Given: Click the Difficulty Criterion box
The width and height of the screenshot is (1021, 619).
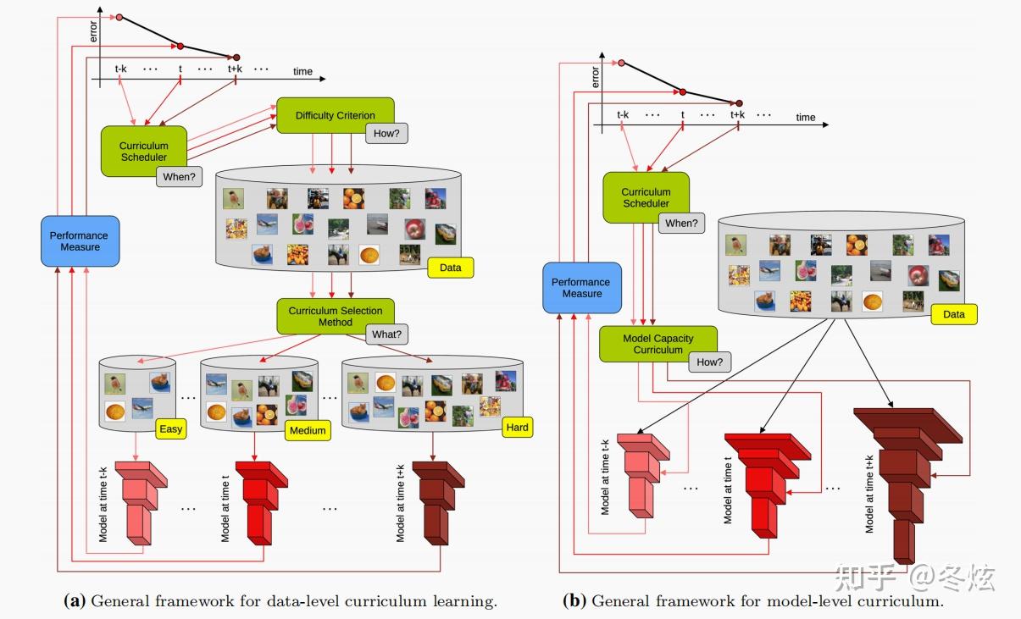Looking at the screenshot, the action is pyautogui.click(x=335, y=115).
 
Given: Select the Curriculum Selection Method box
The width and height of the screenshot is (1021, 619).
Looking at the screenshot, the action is pyautogui.click(x=335, y=316).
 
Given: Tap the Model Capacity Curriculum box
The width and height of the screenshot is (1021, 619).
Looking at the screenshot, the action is pyautogui.click(x=658, y=344).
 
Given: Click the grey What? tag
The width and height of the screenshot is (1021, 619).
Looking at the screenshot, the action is pyautogui.click(x=386, y=334).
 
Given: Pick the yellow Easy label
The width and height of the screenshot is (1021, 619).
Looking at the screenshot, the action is pyautogui.click(x=171, y=429).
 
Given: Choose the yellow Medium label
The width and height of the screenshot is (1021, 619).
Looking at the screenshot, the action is pyautogui.click(x=308, y=430).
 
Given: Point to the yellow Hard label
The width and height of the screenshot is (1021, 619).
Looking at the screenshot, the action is pyautogui.click(x=518, y=428).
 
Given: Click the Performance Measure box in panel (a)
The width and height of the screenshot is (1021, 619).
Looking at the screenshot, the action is pyautogui.click(x=80, y=241).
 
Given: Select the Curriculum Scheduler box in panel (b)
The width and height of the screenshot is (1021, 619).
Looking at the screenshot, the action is pyautogui.click(x=646, y=197).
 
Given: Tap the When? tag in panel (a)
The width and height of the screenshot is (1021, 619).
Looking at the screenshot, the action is pyautogui.click(x=179, y=177).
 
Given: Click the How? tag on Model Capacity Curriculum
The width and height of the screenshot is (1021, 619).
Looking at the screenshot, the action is pyautogui.click(x=710, y=362).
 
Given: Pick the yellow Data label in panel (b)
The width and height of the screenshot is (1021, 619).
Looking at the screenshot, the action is pyautogui.click(x=954, y=314).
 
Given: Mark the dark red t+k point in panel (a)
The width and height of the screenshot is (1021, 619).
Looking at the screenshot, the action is pyautogui.click(x=236, y=58).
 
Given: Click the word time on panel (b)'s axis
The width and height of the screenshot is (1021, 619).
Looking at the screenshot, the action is pyautogui.click(x=806, y=117).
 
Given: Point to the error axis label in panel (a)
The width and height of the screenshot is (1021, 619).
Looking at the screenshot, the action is pyautogui.click(x=93, y=31).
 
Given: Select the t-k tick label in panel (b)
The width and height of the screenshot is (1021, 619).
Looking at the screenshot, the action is pyautogui.click(x=623, y=114).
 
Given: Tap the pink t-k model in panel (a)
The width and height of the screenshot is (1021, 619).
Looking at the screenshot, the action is pyautogui.click(x=141, y=503).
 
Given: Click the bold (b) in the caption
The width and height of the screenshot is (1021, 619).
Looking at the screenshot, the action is pyautogui.click(x=574, y=600).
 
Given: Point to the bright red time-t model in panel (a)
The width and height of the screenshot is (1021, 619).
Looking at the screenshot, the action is pyautogui.click(x=262, y=503).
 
